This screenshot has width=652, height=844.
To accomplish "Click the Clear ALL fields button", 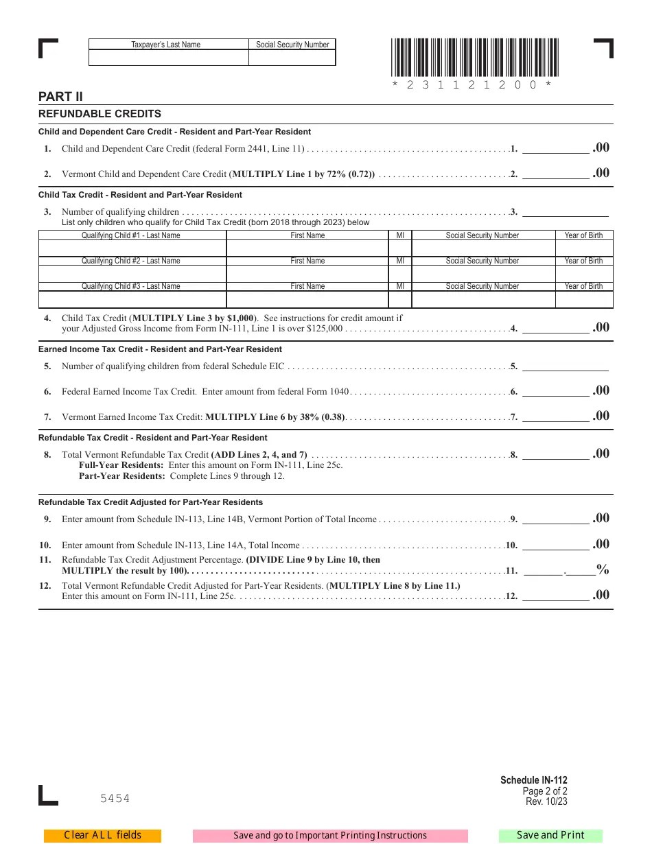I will [x=102, y=835].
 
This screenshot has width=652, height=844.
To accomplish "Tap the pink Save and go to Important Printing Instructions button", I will [x=330, y=835].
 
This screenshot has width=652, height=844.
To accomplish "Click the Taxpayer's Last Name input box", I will [x=168, y=58].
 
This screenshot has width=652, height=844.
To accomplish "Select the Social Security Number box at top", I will [x=292, y=58].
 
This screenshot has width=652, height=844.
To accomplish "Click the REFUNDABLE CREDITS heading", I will [x=100, y=114].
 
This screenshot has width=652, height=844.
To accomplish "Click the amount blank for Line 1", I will [x=556, y=148].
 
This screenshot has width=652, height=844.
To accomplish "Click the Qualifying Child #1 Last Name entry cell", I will [x=132, y=248].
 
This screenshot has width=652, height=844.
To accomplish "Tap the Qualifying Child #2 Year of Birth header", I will [x=583, y=261].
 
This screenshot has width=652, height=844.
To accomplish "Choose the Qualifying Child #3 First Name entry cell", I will [x=307, y=299].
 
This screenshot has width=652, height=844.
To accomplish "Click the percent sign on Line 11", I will [x=603, y=569].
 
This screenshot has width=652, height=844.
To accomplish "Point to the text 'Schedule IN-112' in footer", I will [x=534, y=780].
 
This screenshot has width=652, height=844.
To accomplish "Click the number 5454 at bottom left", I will [x=115, y=798].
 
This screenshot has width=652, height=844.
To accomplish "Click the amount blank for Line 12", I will [x=556, y=596].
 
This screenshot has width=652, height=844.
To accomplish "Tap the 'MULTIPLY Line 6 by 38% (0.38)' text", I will [x=275, y=417].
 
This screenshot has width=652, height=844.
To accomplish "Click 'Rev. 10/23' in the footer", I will [x=546, y=801].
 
